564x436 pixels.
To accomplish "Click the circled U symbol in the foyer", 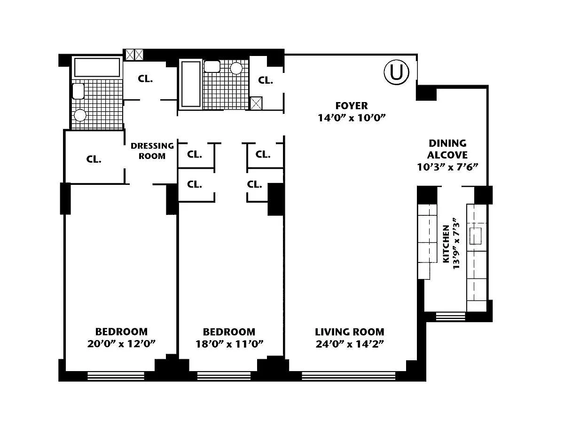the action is click(396, 72).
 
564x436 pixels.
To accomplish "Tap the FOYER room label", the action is click(352, 106).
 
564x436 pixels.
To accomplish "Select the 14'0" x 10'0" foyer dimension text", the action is click(352, 118).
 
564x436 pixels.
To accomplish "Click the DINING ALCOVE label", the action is click(447, 149).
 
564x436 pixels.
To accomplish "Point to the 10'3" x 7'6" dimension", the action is click(447, 166).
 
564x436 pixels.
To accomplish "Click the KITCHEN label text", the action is click(446, 244).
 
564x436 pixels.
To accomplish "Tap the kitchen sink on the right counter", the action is click(476, 236).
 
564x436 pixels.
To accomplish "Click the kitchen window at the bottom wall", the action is click(451, 316).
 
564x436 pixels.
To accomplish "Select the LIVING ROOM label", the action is click(350, 332).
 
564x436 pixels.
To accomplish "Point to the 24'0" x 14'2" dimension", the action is click(350, 344).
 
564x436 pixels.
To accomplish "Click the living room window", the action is click(349, 376).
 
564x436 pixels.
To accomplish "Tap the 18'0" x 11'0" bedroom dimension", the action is click(229, 344).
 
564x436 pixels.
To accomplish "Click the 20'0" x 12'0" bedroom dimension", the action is click(121, 344).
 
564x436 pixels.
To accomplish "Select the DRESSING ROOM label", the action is click(152, 151).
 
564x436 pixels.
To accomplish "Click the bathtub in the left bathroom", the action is click(97, 67).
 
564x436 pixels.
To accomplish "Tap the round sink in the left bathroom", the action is click(80, 115).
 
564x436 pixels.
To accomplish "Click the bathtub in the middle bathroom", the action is click(191, 84).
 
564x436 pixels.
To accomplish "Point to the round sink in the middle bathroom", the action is click(236, 68).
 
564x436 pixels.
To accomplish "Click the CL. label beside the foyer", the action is click(266, 80).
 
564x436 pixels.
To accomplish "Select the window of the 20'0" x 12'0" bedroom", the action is click(116, 376).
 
